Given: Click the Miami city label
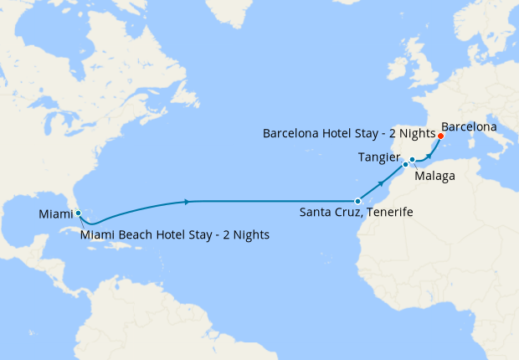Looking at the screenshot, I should [55, 215].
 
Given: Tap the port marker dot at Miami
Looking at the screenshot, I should [78, 213].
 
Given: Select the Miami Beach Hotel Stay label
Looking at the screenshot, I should [175, 235].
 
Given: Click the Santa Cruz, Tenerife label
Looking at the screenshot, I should [356, 213].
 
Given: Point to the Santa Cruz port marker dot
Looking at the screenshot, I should [357, 201].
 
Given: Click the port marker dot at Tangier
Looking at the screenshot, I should [405, 165].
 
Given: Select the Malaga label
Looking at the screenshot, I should [435, 176].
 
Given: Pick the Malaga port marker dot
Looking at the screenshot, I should [413, 159].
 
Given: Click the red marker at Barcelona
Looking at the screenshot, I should [440, 136].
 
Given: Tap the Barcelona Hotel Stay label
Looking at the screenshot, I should [348, 133].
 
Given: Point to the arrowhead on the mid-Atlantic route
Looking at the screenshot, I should [186, 201].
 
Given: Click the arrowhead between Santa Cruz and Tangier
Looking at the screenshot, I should [383, 183].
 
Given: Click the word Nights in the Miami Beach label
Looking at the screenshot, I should [249, 235].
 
